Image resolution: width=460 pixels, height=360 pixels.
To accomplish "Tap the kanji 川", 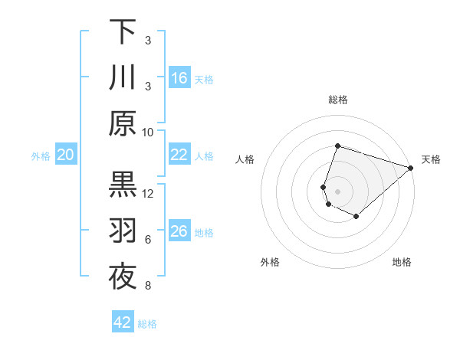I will [x=123, y=77].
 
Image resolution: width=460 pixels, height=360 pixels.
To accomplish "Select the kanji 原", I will [x=123, y=124].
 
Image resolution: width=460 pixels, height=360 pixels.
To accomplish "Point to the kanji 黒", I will [x=123, y=185].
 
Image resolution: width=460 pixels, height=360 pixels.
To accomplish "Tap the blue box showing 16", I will [x=179, y=77].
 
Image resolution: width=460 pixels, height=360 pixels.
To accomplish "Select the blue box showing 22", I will [x=179, y=155].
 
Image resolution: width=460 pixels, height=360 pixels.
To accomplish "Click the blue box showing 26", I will [x=179, y=232].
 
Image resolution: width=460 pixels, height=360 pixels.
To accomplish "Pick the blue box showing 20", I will [x=65, y=155].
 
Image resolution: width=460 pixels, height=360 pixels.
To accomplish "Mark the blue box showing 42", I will [x=123, y=322].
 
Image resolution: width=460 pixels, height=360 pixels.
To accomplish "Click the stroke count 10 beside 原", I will [x=148, y=132].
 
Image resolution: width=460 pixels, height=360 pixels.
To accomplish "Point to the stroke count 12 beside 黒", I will [x=148, y=193].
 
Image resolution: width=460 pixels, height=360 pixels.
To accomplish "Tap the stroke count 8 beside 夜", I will [x=148, y=286].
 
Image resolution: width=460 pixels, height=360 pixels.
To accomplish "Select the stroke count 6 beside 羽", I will [x=148, y=240].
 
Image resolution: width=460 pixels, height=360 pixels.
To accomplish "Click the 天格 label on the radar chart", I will [x=431, y=159].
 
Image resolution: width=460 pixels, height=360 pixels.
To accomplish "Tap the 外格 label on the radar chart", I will [x=270, y=262].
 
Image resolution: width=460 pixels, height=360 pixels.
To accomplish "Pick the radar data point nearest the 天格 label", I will [x=411, y=168].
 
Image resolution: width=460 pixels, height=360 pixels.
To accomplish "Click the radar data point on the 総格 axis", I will [x=337, y=146].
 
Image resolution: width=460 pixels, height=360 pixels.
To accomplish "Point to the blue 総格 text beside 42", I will [x=147, y=323].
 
